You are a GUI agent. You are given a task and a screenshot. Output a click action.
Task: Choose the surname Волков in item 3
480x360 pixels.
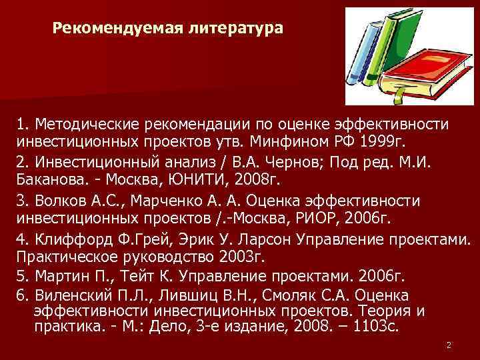coord(57,201)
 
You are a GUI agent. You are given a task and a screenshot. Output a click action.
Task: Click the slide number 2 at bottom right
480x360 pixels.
coord(449,345)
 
